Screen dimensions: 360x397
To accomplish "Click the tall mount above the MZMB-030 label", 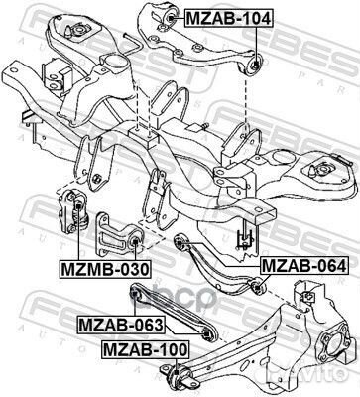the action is coord(74,209).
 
